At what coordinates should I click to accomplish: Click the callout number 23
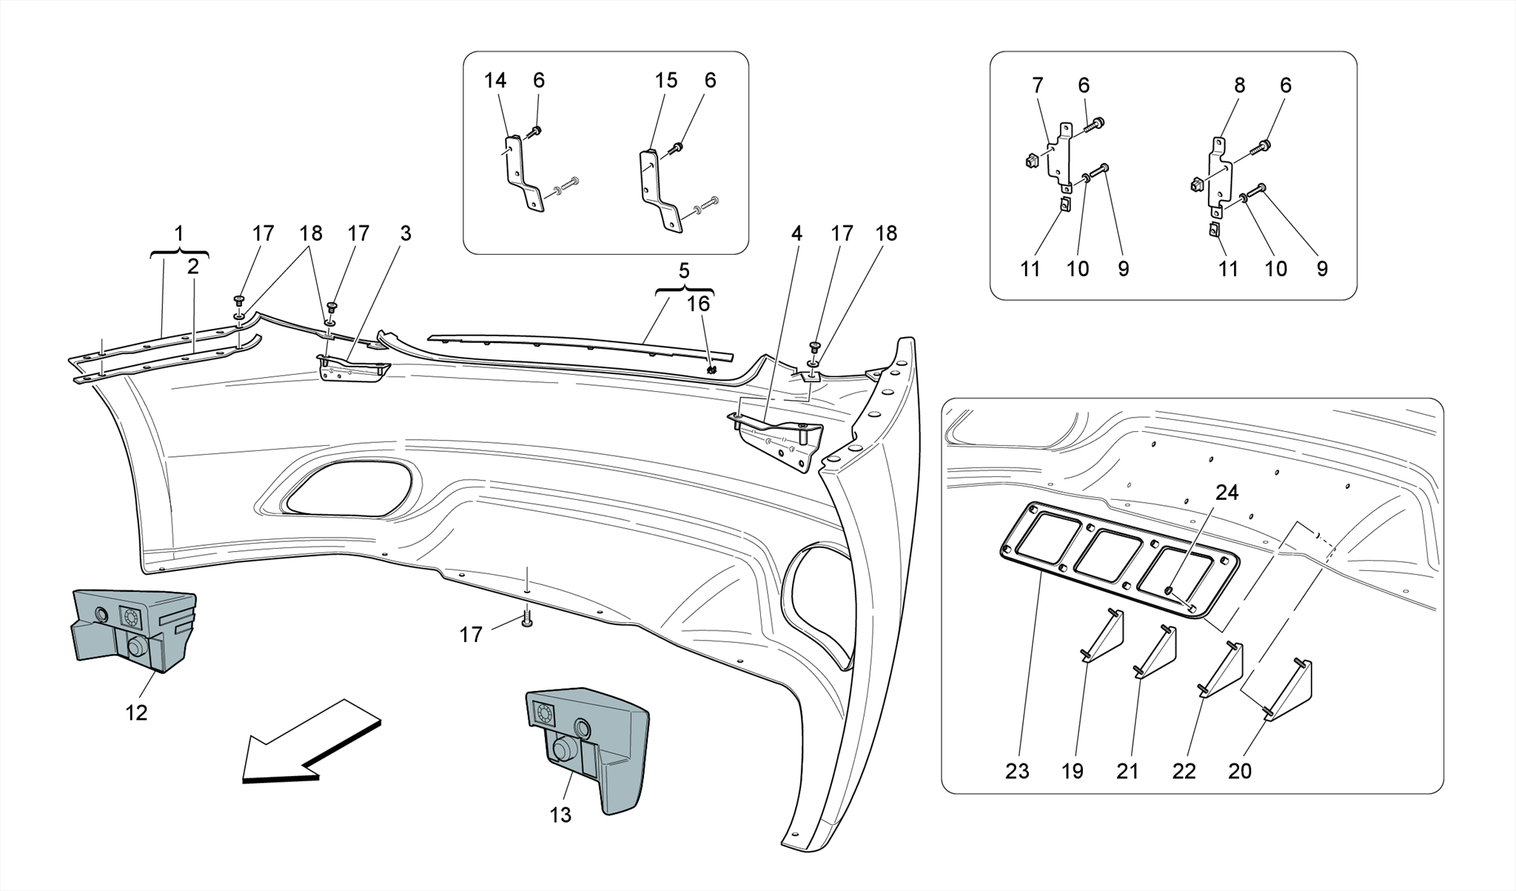[1017, 771]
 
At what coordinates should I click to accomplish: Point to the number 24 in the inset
[1227, 493]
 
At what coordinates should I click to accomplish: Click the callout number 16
[698, 304]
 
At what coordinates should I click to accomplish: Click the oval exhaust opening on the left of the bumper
[348, 489]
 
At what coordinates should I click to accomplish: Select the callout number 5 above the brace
[684, 270]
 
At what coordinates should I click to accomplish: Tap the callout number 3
[405, 233]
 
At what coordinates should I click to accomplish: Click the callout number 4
[796, 233]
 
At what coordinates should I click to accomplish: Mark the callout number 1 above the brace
[178, 233]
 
